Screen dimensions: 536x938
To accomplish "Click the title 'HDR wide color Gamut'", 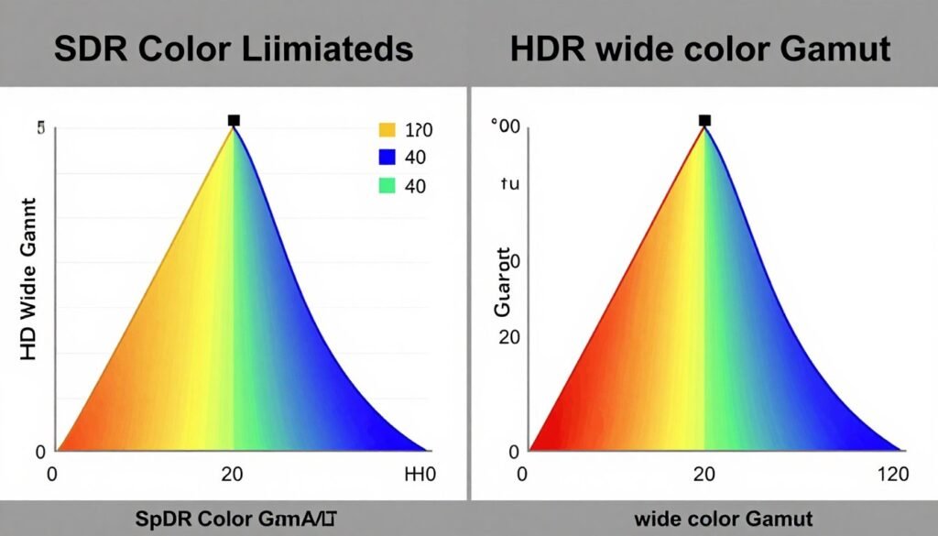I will click(700, 49).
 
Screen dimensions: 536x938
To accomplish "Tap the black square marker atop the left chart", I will click(234, 120).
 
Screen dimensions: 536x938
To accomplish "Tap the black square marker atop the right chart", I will click(704, 120).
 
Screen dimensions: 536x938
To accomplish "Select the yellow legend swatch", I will click(387, 130).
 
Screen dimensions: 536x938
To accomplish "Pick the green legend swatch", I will click(387, 187).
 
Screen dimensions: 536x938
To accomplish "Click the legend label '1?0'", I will click(419, 130).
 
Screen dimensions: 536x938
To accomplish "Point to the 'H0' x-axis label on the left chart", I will click(420, 475).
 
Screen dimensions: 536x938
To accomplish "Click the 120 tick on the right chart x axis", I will click(892, 475).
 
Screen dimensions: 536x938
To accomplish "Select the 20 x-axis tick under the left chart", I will click(234, 475).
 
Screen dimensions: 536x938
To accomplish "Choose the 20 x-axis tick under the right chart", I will click(704, 475).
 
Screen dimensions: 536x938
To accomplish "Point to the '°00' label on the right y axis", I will click(506, 128).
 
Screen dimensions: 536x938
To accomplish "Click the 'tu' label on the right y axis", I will click(509, 183).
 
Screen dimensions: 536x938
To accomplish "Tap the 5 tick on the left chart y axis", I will click(40, 129).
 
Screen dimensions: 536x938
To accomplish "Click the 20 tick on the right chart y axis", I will click(509, 336).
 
